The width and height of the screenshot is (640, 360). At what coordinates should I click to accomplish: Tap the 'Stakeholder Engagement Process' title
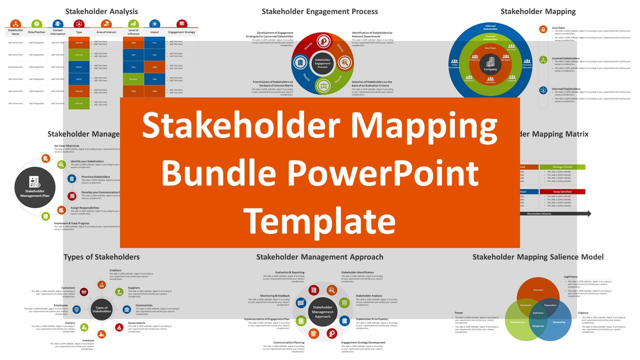point(320,11)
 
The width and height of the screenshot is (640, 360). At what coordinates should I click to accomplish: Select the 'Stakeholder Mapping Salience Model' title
point(538,257)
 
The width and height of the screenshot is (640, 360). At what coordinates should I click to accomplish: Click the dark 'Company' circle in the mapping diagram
point(490,65)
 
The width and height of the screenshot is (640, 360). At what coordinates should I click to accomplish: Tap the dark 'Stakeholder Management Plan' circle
point(35,187)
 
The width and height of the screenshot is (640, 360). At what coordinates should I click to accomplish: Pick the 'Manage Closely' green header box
point(562,167)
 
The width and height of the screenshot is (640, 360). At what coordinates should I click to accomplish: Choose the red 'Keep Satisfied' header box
point(562,191)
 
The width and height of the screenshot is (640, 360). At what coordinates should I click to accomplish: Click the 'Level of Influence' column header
point(133,32)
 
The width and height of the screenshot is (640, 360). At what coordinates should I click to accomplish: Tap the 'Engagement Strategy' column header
point(182,32)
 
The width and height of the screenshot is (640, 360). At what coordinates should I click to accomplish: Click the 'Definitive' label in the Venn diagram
point(538,312)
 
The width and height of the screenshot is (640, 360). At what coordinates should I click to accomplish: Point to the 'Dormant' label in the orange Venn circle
point(538,290)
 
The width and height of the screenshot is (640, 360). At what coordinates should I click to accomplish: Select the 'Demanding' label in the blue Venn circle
point(559,322)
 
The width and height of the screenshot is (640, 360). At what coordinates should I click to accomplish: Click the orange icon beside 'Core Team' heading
point(543,29)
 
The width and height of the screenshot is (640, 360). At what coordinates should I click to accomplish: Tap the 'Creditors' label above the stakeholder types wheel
point(115,270)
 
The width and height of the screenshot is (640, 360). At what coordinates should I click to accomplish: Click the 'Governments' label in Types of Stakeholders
point(136,323)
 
